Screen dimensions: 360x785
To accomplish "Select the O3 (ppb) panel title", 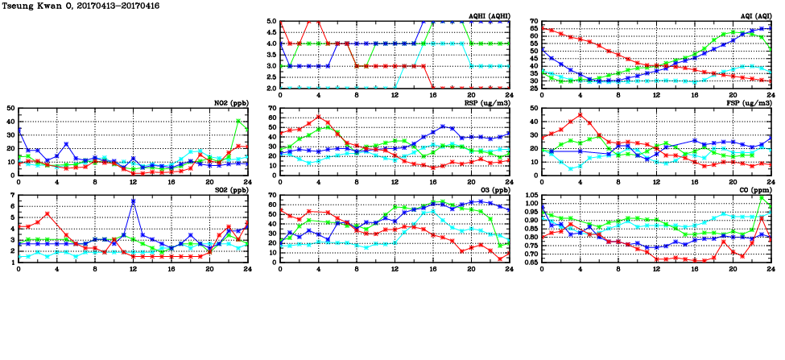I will coord(492,190).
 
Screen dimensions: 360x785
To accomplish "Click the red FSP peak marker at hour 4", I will coord(580,114).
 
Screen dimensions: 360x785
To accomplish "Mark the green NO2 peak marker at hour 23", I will coord(238,121).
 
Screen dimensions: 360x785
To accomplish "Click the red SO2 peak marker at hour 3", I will coord(48,214).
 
